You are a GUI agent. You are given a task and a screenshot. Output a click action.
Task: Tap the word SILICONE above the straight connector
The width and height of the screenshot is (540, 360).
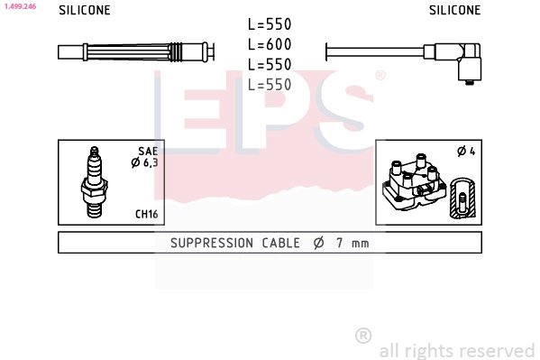[x=85, y=11]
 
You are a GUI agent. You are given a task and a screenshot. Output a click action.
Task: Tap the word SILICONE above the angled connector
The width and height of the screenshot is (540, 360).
[x=454, y=11]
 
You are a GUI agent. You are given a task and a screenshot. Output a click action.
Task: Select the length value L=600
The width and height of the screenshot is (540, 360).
[x=270, y=45]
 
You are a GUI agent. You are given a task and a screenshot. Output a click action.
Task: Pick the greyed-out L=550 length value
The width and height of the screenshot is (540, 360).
[x=270, y=84]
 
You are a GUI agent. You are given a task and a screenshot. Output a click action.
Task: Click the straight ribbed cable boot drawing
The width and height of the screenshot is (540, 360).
[x=135, y=52]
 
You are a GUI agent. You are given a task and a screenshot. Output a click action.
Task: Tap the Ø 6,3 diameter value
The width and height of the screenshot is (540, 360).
[x=145, y=162]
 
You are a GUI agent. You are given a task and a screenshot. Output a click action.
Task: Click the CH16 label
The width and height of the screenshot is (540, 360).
[x=147, y=214]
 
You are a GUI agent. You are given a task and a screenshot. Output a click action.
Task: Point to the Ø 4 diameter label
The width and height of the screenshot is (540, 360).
[x=466, y=151]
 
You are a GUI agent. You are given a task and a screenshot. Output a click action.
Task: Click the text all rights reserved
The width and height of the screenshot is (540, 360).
[x=457, y=350]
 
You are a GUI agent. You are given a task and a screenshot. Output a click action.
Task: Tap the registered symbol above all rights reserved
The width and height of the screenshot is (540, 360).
[x=363, y=336]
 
